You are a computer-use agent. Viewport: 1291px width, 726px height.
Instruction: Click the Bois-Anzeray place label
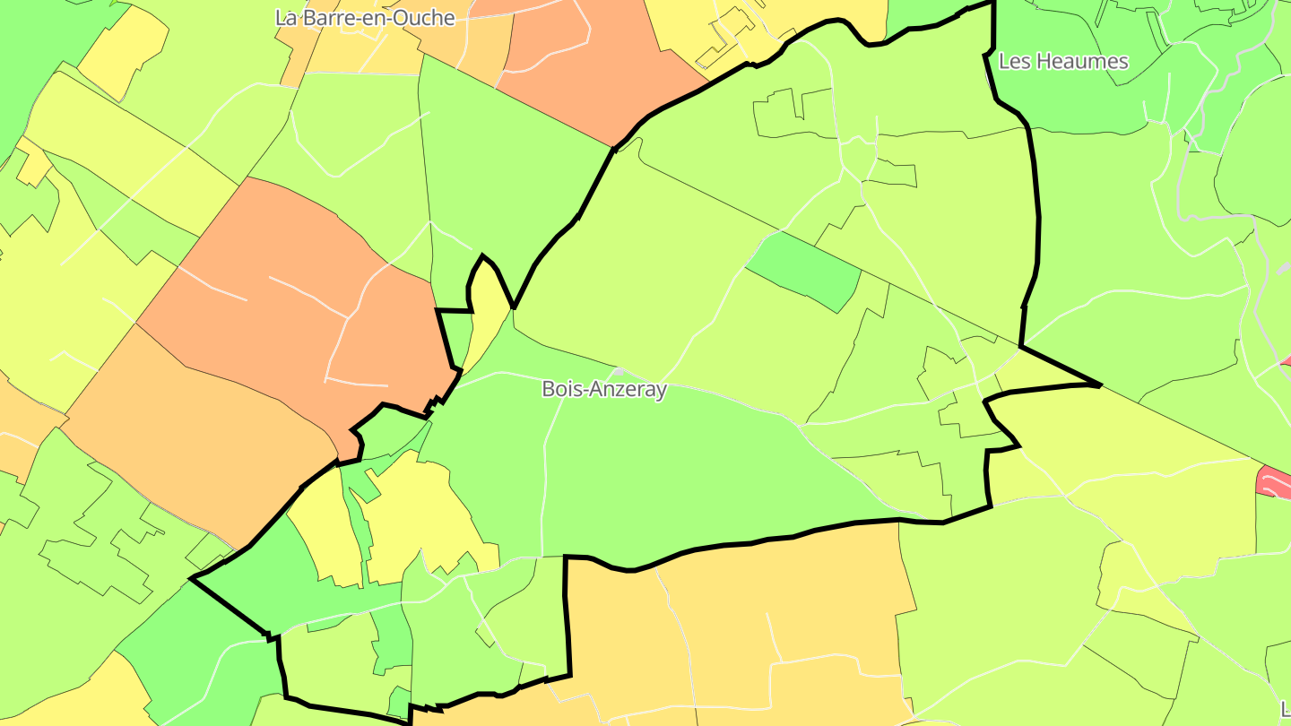(x=604, y=389)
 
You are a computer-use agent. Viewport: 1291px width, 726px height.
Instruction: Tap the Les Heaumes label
(x=1063, y=62)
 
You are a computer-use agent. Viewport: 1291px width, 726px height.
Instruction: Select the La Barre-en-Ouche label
(x=365, y=18)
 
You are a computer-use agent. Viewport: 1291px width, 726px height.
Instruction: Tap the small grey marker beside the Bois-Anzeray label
(x=618, y=372)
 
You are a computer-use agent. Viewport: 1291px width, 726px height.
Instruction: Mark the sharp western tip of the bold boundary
(x=192, y=579)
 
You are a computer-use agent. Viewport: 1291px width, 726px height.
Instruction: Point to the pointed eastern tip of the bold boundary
(x=1099, y=385)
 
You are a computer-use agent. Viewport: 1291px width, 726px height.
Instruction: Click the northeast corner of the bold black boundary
(x=993, y=4)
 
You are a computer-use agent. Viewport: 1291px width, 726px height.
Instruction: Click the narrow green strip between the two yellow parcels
(x=358, y=520)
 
